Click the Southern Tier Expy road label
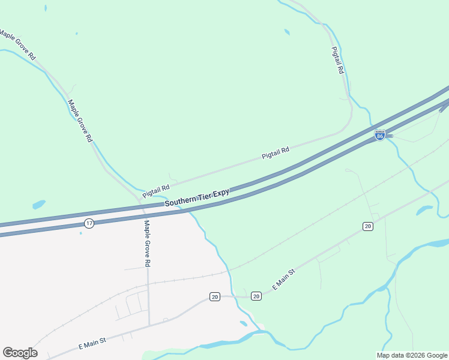pos(197,198)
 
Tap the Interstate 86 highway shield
pos(379,136)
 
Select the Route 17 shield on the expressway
pos(89,223)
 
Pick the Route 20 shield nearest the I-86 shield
pos(368,226)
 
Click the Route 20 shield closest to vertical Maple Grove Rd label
pos(214,296)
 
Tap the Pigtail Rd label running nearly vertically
pos(338,61)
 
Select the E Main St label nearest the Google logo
pos(92,344)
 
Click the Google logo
pos(20,353)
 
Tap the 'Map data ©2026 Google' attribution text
pos(412,355)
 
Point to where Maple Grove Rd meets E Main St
pos(149,326)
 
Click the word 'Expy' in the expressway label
pos(221,193)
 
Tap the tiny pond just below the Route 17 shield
pos(80,233)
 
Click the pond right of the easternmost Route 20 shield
pos(424,211)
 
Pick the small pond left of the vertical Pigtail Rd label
pos(287,32)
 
